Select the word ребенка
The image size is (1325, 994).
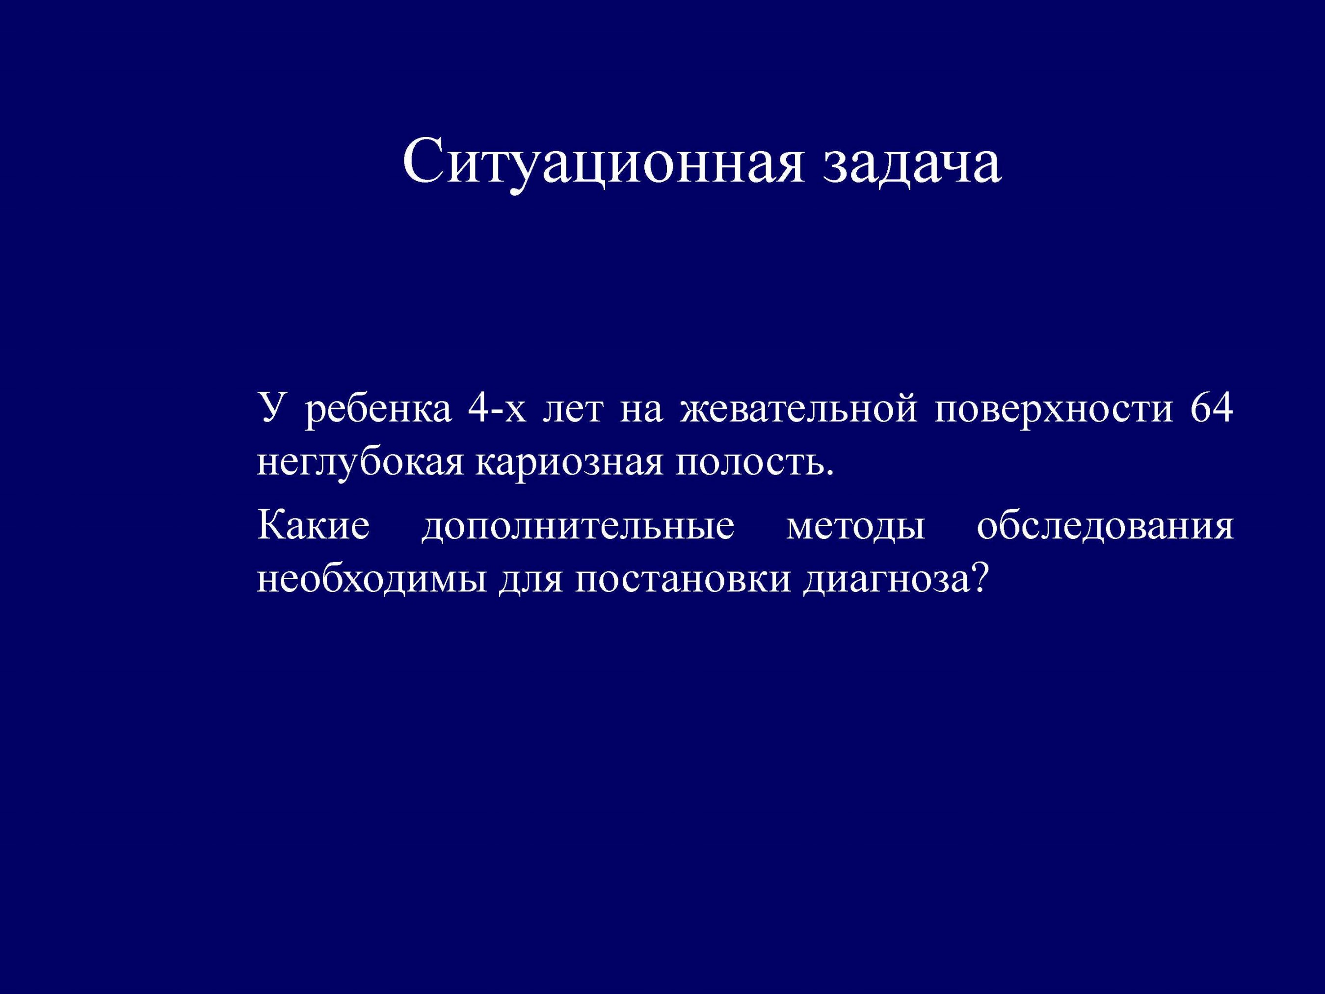pyautogui.click(x=378, y=411)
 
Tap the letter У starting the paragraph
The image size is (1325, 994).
pyautogui.click(x=269, y=411)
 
